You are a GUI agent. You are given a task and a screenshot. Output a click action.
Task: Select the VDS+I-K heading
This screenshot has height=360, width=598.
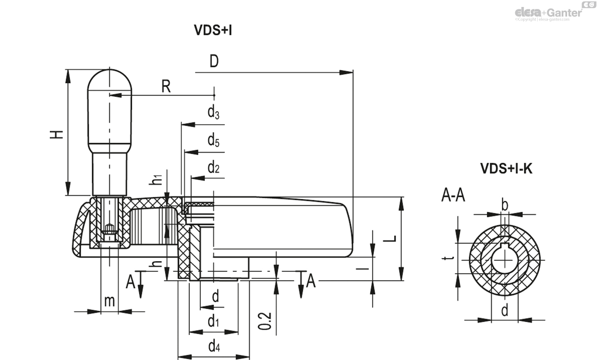click(x=506, y=169)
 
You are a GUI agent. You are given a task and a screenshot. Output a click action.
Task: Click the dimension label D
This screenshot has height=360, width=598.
click(x=214, y=61)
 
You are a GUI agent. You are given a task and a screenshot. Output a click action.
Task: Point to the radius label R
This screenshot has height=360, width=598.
click(x=166, y=87)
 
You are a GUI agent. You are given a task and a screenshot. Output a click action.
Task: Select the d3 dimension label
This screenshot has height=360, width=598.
click(x=213, y=113)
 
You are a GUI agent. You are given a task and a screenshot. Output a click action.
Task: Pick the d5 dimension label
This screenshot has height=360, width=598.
click(x=213, y=141)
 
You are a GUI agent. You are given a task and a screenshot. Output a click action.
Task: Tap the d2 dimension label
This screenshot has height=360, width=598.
click(x=213, y=168)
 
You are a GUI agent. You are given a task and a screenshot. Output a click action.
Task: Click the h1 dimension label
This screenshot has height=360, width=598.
click(x=156, y=180)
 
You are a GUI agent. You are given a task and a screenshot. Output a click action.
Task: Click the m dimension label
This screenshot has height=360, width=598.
click(x=109, y=301)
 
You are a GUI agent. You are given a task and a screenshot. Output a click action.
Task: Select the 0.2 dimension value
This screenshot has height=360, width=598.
click(x=265, y=321)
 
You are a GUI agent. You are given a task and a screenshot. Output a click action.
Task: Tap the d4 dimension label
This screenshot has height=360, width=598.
click(x=214, y=345)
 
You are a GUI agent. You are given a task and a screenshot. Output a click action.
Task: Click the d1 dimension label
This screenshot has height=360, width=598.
click(x=213, y=321)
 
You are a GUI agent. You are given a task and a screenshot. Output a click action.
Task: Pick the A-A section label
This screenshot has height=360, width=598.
click(x=453, y=196)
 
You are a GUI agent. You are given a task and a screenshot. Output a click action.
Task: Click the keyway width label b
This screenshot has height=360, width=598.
click(x=504, y=205)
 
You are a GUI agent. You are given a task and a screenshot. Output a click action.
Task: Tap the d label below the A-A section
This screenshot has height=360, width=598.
click(x=504, y=311)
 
